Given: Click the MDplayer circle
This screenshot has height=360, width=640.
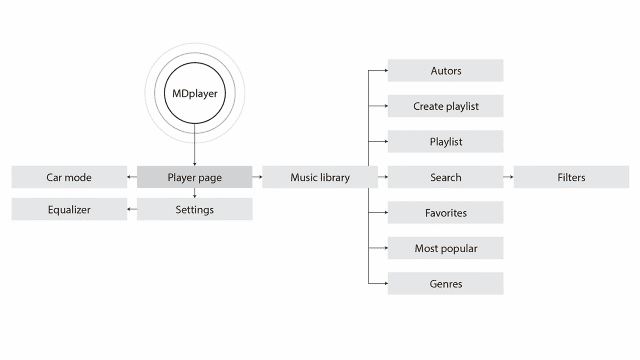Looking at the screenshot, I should point(194,96).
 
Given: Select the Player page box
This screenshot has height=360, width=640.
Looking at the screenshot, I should point(194,178).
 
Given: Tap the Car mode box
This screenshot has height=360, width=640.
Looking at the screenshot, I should point(69,178).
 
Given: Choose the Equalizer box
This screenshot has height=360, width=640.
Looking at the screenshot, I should point(69,210).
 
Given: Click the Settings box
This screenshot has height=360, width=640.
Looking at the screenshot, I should point(194,210).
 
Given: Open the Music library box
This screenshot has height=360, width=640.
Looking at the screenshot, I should point(320,178).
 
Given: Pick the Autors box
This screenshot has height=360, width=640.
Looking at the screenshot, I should point(445,71).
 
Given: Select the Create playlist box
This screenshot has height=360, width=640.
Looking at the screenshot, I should point(445,106).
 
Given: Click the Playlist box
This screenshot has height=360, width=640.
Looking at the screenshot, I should point(445,142).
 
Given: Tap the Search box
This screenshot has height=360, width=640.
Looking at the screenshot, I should point(445,178).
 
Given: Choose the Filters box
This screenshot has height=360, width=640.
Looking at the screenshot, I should point(571,178).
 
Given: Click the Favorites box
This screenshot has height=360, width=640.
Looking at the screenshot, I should point(445,213).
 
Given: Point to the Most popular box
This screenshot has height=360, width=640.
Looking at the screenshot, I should point(445,248).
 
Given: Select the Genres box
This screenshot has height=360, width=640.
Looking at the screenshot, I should point(445,284).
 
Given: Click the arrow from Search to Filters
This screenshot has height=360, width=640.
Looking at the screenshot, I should point(508,178).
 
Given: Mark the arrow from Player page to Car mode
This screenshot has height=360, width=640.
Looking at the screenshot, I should point(132,178).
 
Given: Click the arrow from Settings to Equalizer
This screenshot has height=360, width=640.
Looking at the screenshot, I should point(132,210).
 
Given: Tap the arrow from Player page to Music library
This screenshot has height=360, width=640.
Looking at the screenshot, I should point(257,178).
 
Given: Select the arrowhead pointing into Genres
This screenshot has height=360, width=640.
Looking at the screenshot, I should point(384,284).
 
